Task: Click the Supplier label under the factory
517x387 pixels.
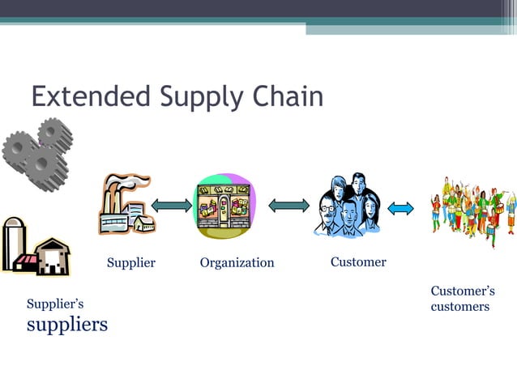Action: point(130,263)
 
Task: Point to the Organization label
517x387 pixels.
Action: point(237,263)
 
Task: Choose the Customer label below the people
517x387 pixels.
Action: point(358,262)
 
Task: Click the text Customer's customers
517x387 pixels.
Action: point(462,299)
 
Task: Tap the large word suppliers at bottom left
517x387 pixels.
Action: point(66,325)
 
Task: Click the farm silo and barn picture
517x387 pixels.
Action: point(36,246)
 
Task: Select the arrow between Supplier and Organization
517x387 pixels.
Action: point(172,206)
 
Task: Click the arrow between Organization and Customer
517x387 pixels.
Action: point(289,206)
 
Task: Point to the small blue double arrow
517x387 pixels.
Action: point(400,208)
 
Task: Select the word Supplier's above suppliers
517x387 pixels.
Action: point(55,304)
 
